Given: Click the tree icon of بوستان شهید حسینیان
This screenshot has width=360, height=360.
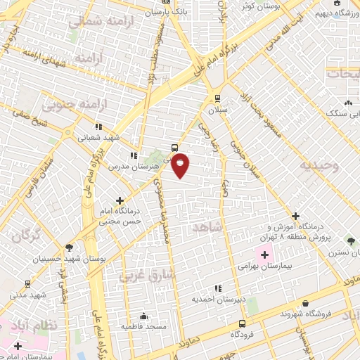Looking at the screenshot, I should [x=69, y=247].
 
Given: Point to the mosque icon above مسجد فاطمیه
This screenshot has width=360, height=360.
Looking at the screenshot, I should [x=144, y=315].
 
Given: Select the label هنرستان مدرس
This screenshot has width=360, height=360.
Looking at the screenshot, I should [x=130, y=167].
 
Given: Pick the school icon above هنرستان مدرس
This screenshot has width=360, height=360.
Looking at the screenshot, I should [x=132, y=155].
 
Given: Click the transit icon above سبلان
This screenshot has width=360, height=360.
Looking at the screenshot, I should [x=217, y=98].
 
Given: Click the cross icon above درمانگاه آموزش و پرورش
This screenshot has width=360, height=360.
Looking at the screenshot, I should [x=295, y=216].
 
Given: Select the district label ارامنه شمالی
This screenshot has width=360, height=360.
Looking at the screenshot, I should [x=96, y=22].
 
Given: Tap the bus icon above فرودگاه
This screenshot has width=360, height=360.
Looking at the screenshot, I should [x=243, y=323].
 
